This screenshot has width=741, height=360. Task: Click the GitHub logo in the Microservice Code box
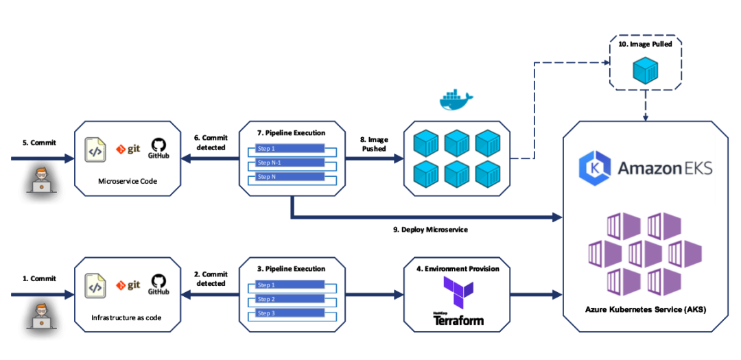(x=159, y=148)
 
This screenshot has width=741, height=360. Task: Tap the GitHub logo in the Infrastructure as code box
(x=159, y=285)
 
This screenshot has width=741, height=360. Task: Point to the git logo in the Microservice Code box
(x=128, y=148)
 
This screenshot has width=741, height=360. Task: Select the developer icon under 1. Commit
(x=40, y=316)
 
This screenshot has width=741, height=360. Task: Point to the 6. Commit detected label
(x=210, y=143)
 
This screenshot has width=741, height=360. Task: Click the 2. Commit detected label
(x=210, y=279)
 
